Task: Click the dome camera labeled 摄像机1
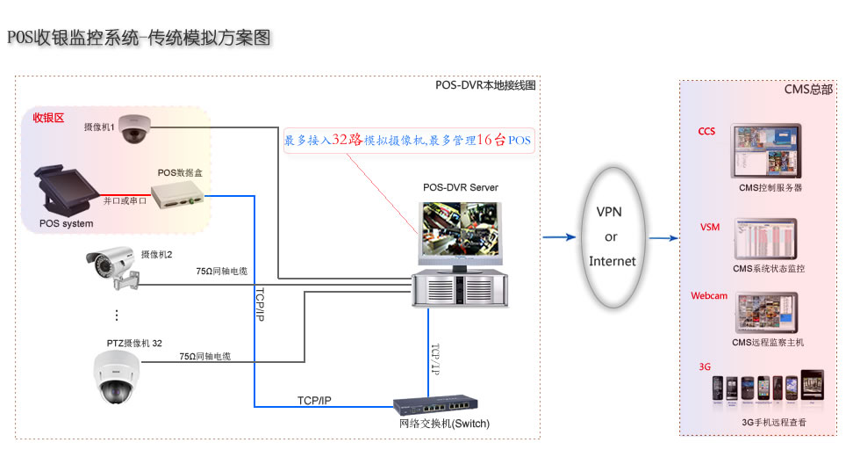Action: [135, 128]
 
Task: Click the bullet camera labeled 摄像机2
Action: [115, 266]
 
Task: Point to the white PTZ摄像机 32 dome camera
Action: [115, 377]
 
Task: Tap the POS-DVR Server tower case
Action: [461, 287]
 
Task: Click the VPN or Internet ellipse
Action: [611, 237]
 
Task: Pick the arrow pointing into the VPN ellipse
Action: [559, 237]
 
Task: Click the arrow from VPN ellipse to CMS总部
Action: [664, 237]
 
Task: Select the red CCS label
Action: [706, 132]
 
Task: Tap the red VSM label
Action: [709, 228]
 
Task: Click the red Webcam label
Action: [709, 296]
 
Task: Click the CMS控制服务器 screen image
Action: [766, 156]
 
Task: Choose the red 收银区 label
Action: [48, 118]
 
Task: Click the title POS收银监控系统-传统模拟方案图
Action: [139, 38]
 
